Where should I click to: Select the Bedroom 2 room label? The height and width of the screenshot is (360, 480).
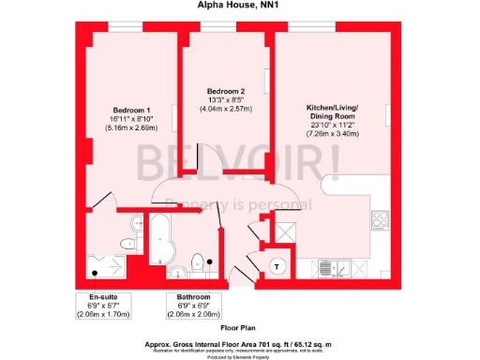point(226,89)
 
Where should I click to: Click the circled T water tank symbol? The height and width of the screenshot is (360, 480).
point(277,265)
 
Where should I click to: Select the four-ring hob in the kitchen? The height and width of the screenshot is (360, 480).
point(382,221)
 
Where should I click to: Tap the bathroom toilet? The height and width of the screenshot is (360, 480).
point(198,262)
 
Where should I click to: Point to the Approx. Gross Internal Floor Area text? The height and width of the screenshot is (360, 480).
point(239,344)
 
